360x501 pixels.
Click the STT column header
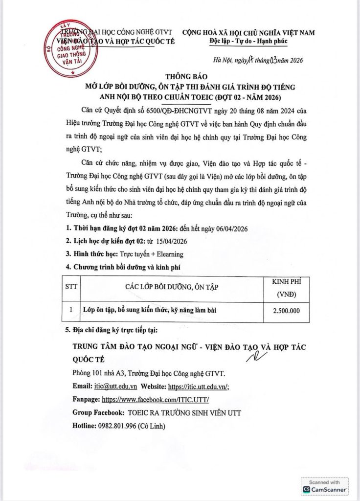point(71,287)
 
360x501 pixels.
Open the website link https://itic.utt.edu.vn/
point(199,386)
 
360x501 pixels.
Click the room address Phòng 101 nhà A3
point(104,373)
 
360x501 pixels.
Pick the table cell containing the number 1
point(71,310)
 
